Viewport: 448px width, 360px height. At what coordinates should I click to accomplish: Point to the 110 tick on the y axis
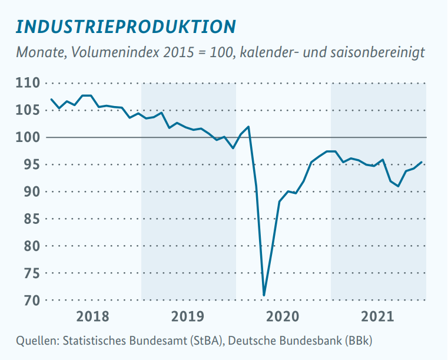[x=28, y=83]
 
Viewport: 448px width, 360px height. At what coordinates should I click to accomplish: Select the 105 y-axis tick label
[x=28, y=110]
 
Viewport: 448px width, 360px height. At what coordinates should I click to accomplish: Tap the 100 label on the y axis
[x=28, y=137]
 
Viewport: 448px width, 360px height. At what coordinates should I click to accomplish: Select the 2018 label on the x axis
[x=93, y=317]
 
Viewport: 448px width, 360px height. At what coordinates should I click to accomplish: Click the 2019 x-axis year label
[x=188, y=317]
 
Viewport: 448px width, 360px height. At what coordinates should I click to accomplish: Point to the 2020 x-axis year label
[x=283, y=317]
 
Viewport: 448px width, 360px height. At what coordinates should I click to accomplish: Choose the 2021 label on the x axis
[x=378, y=317]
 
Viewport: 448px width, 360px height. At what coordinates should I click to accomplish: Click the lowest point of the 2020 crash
[x=264, y=295]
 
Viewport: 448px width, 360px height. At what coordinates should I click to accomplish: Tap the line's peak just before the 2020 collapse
[x=248, y=127]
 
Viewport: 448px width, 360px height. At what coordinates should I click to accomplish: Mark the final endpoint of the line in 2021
[x=422, y=162]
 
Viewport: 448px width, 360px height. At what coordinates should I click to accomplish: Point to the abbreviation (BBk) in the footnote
[x=358, y=341]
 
